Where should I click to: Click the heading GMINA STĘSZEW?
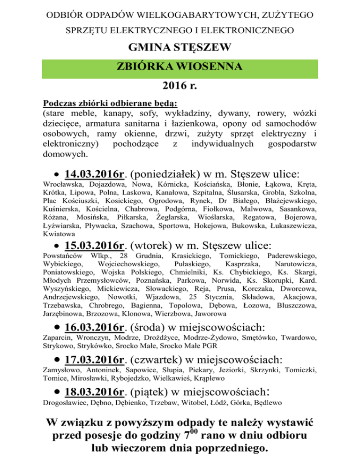pos(180,48)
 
